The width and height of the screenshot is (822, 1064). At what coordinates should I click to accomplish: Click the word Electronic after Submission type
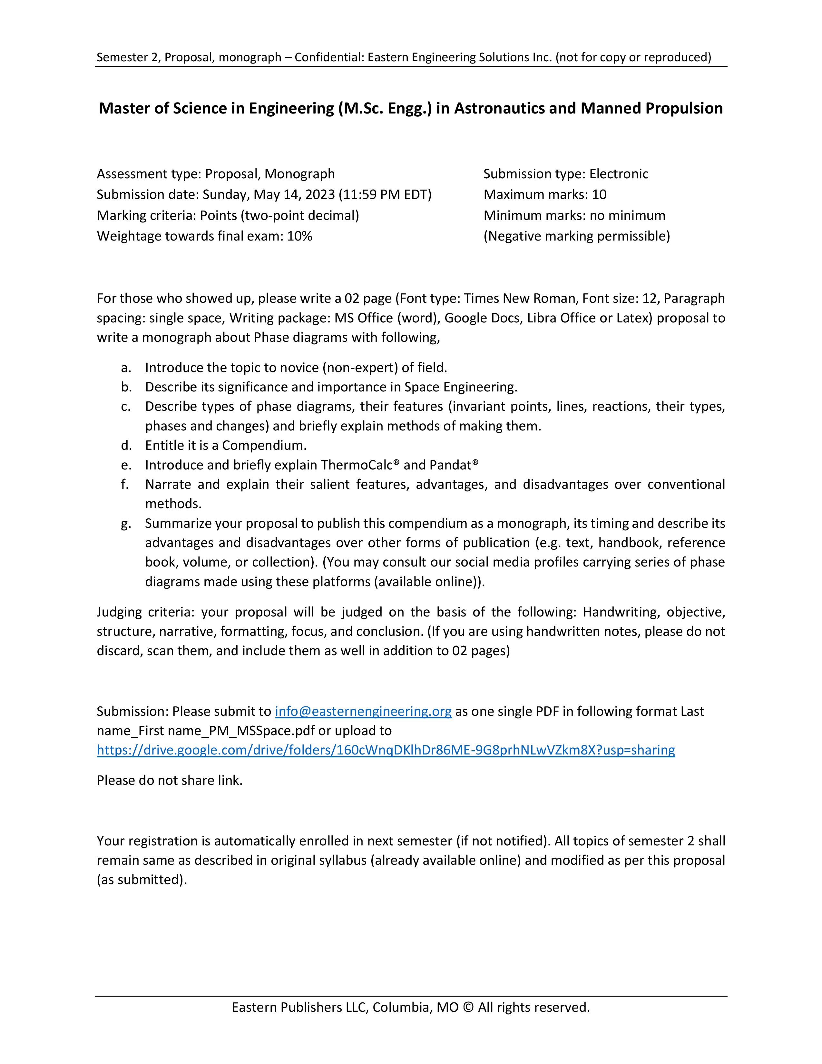pyautogui.click(x=619, y=174)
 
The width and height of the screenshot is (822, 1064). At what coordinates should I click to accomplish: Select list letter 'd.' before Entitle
pyautogui.click(x=127, y=445)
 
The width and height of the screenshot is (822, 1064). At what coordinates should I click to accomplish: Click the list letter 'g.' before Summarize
pyautogui.click(x=127, y=523)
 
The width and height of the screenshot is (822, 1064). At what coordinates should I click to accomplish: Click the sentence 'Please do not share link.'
pyautogui.click(x=170, y=781)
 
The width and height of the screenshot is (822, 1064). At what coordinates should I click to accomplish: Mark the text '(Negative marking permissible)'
pyautogui.click(x=577, y=236)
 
